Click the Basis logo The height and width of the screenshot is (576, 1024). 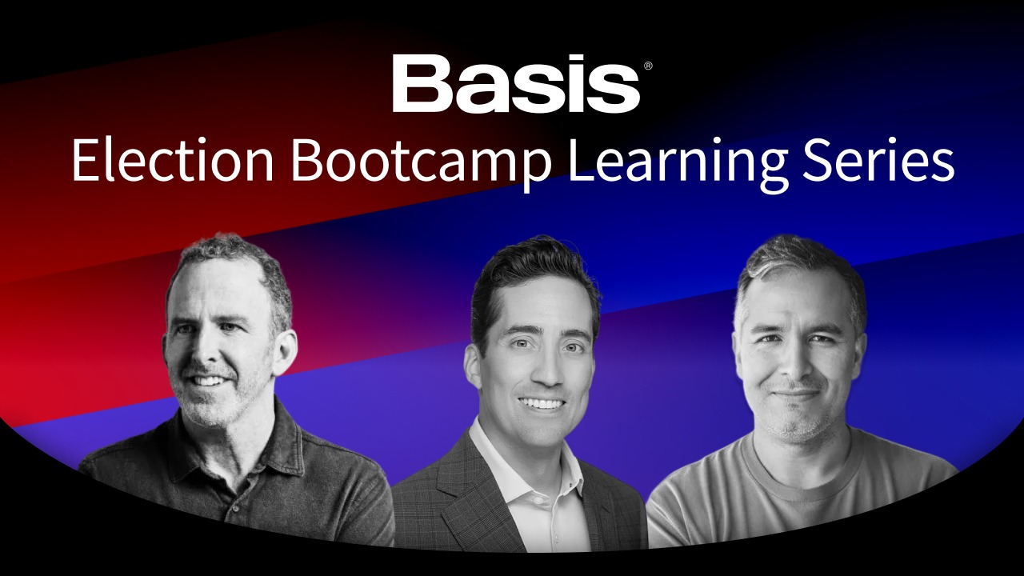coord(516,83)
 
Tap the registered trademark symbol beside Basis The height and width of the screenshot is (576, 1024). coord(648,66)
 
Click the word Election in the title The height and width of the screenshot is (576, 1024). coord(172,160)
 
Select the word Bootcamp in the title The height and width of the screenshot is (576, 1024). coord(422,164)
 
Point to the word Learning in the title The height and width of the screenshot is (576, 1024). coord(677,164)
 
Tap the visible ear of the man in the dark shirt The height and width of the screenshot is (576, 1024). coord(283,352)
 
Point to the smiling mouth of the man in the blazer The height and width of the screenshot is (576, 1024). coord(541,404)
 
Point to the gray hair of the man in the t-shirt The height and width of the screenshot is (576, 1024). coord(800,265)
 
